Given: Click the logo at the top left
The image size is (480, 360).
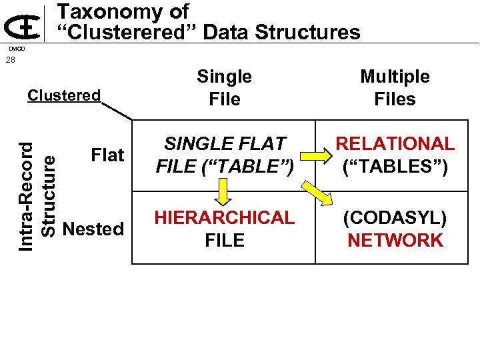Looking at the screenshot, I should coord(23,27).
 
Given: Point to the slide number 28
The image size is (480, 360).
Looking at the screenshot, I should coord(10,61).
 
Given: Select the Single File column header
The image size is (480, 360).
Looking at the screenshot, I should coord(224,88).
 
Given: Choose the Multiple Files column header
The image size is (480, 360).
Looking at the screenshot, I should coord(395,88).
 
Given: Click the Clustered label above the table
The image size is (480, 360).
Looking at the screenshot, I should coord(63,95).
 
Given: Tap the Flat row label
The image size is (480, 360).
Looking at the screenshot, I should coord(107,155).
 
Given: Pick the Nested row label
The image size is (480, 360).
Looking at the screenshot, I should coord(93,229).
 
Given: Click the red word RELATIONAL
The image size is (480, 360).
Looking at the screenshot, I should coord(395,144).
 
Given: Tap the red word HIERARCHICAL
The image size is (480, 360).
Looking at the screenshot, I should coord(224,218).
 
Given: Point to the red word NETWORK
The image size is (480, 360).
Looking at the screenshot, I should coord(395,241).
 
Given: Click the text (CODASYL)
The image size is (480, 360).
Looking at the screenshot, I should coord(395,218).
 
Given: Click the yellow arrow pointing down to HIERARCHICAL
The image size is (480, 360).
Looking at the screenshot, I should coord(224,192).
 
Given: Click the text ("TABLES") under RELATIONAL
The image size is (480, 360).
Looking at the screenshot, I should coord(395,167).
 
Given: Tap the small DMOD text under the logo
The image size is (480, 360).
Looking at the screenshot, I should coord(16,49).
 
